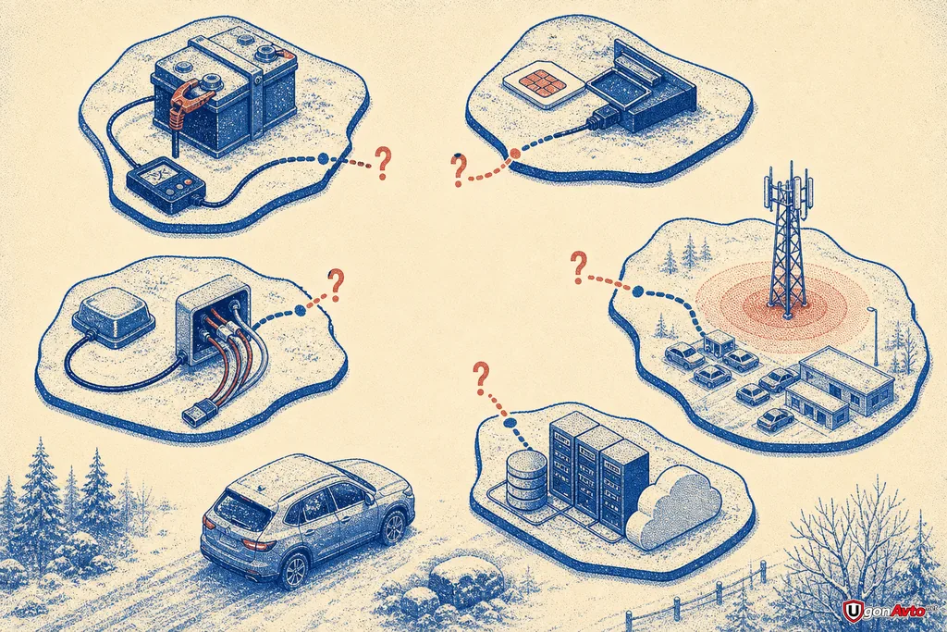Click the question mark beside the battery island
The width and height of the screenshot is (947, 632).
(x=382, y=163)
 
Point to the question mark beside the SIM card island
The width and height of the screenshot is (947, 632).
(x=459, y=169)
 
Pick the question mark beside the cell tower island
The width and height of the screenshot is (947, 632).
(x=578, y=268)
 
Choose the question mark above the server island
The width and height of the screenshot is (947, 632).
(x=481, y=378)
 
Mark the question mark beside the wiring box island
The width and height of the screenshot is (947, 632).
(x=336, y=286)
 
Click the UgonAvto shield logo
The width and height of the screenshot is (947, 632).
(x=852, y=610)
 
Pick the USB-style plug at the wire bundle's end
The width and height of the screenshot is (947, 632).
(x=196, y=411)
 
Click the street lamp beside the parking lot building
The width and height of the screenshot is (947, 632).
(x=875, y=338)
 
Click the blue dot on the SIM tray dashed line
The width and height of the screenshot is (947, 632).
(x=514, y=155)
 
